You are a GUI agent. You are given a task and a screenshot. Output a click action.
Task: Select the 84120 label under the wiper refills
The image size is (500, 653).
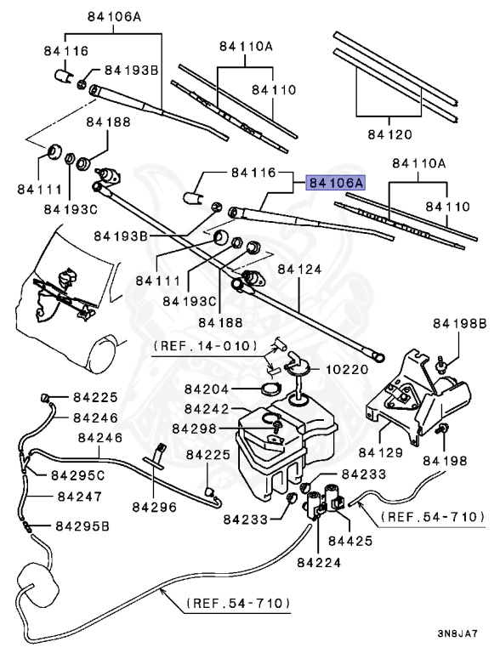[390, 134]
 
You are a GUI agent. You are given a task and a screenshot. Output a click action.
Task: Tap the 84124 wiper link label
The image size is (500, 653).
[299, 270]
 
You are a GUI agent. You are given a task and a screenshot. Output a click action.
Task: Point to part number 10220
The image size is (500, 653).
[347, 369]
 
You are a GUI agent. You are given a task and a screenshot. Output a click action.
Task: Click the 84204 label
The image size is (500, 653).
[207, 389]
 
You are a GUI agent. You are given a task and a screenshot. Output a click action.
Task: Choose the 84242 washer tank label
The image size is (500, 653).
[207, 409]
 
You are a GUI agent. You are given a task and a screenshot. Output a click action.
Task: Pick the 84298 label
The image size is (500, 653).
[195, 429]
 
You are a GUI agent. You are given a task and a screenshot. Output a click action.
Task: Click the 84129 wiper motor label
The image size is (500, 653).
[380, 452]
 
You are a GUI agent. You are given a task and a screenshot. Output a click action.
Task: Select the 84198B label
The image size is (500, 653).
[459, 323]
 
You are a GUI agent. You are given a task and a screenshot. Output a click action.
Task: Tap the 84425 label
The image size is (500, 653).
[350, 541]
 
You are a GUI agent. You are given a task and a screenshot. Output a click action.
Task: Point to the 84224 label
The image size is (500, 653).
[319, 563]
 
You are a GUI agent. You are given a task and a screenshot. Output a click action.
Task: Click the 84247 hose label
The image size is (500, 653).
[80, 497]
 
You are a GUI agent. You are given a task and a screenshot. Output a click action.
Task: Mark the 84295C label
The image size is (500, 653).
[78, 475]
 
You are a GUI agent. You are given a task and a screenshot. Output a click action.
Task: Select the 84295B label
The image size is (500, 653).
[82, 526]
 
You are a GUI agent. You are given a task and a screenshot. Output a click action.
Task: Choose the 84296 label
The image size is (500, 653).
[155, 508]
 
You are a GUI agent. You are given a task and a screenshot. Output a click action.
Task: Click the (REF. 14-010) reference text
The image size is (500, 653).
[205, 346]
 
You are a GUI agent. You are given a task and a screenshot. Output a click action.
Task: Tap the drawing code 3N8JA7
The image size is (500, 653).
[457, 633]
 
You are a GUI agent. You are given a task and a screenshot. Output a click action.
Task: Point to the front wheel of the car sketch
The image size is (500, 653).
[102, 354]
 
